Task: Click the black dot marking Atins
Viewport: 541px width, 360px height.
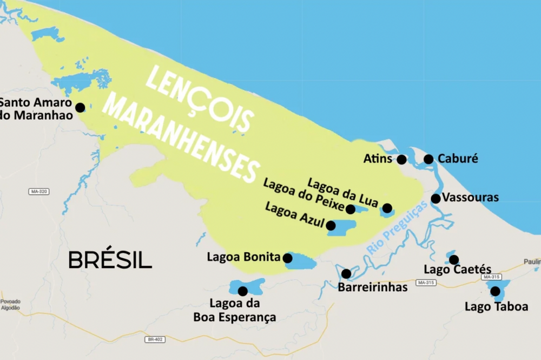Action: tap(401, 159)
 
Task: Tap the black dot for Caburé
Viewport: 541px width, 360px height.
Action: tap(428, 159)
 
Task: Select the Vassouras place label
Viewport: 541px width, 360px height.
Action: tap(470, 198)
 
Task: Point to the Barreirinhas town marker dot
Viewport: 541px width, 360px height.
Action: tap(346, 274)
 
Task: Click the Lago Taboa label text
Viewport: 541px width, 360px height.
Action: tap(496, 307)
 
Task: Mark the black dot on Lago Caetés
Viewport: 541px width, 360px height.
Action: tap(454, 260)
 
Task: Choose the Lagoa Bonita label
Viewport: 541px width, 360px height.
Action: tap(243, 257)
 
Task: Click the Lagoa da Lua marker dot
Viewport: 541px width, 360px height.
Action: tap(387, 208)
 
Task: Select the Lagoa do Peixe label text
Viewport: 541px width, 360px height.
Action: tap(303, 196)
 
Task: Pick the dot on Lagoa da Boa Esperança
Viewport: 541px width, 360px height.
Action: tap(242, 291)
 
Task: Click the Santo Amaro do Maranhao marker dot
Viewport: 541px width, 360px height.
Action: tap(80, 108)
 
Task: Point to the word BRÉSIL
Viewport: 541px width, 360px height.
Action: tap(110, 260)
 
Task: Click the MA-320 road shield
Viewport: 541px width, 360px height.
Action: tap(38, 192)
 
